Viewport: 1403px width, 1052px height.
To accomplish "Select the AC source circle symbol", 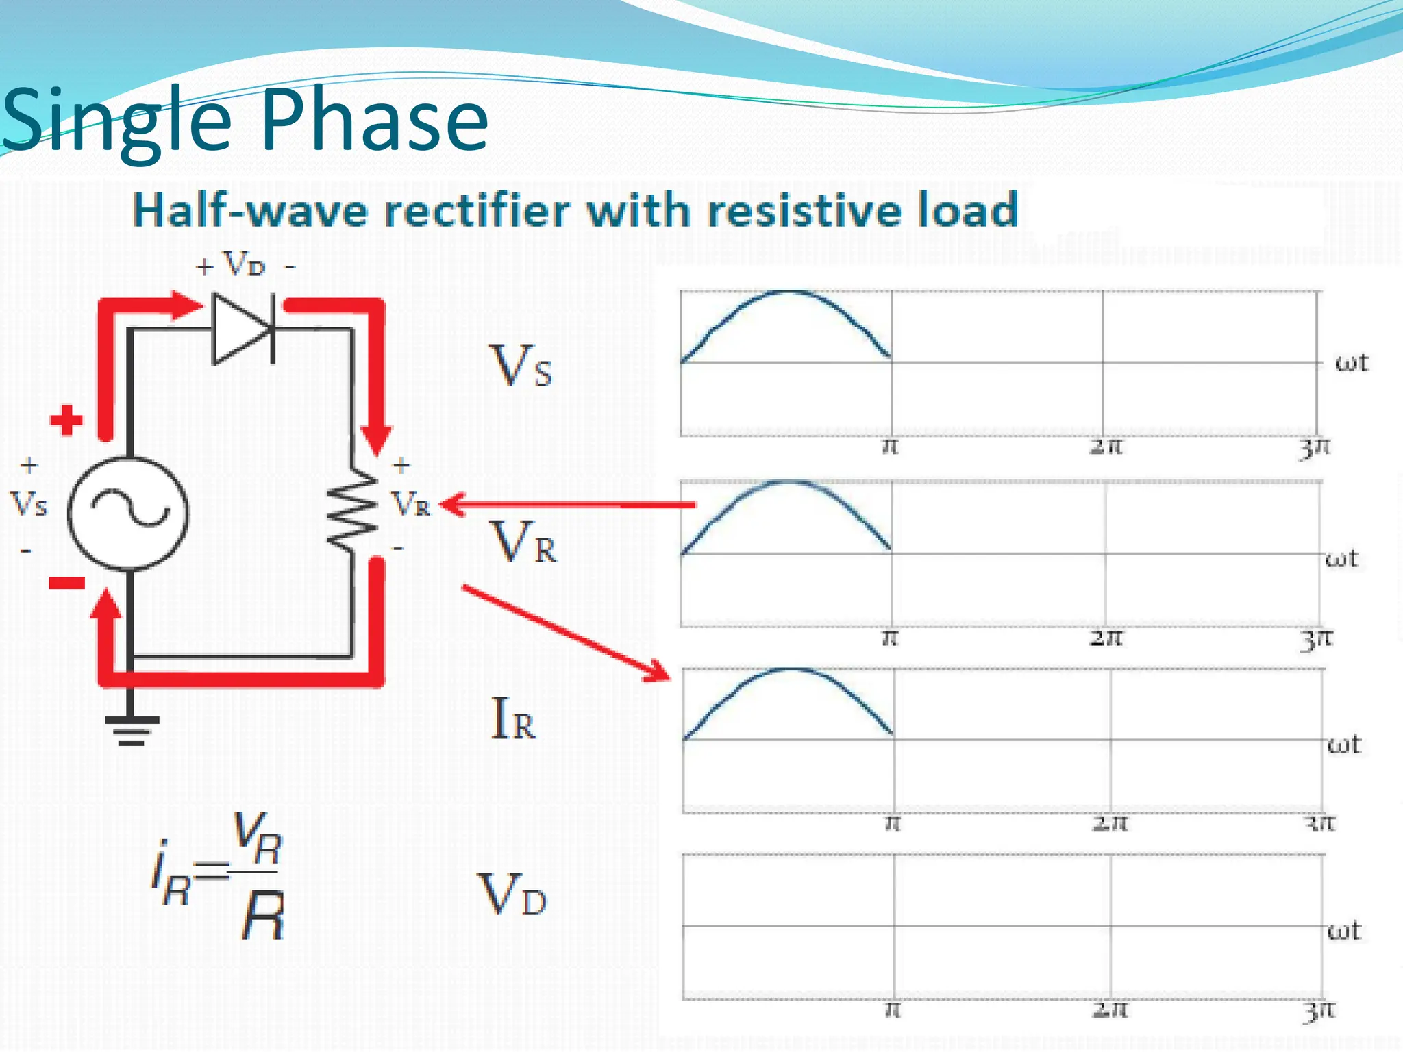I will [128, 514].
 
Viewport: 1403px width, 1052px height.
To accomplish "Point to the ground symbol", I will [131, 729].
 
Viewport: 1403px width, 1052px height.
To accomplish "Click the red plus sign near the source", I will [66, 420].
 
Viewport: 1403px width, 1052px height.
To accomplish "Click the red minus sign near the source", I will [66, 583].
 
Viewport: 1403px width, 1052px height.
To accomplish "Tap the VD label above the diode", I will [244, 264].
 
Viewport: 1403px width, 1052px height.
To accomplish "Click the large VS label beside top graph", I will [521, 366].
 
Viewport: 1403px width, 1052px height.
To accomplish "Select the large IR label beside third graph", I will [513, 719].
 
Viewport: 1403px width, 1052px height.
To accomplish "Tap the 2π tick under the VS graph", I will [1106, 447].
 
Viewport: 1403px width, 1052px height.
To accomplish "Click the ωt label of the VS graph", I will [1351, 363].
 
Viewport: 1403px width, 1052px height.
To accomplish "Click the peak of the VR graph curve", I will [789, 482].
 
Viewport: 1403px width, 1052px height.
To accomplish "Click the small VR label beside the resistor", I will [411, 505].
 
